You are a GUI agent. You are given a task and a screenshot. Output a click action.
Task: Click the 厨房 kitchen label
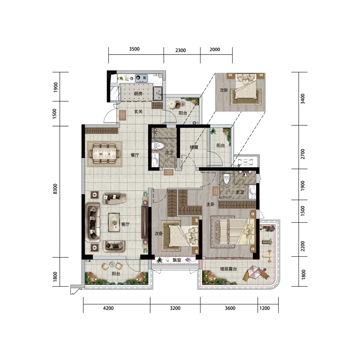tap(138, 94)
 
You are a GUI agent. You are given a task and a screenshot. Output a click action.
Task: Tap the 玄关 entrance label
tap(138, 112)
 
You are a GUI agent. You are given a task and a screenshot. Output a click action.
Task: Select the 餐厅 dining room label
tap(135, 155)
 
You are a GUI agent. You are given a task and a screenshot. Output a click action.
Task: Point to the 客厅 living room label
tap(125, 224)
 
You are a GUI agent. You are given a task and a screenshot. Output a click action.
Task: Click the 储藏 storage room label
tap(194, 147)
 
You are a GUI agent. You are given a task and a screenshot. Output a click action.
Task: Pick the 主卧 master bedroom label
tap(211, 204)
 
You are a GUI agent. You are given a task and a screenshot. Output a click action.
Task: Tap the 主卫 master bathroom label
tap(240, 192)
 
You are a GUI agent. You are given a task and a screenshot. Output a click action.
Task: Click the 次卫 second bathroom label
tap(169, 153)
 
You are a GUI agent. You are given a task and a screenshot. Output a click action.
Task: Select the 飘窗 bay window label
tap(177, 260)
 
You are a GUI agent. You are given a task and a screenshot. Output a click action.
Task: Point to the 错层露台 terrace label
tap(228, 269)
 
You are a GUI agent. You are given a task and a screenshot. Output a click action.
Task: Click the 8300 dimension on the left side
tap(55, 189)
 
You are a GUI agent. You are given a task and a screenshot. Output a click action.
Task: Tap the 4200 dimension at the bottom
tap(108, 308)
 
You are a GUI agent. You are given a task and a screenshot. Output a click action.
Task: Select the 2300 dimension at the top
tap(181, 50)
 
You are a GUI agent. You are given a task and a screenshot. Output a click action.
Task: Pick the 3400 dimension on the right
tap(303, 99)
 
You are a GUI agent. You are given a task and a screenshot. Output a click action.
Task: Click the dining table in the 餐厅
tap(104, 154)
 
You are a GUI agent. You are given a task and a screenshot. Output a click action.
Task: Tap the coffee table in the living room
tap(114, 222)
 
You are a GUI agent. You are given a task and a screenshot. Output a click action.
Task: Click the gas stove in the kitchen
tap(141, 78)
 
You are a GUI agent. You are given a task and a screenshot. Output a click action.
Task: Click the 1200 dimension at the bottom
tap(265, 308)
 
